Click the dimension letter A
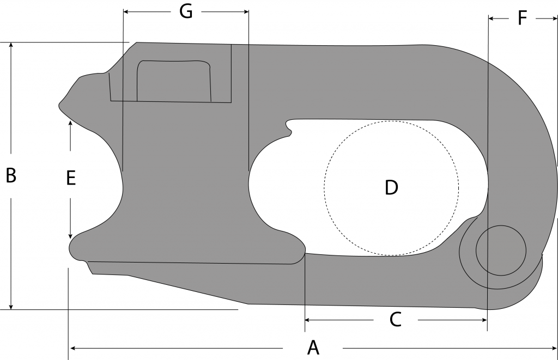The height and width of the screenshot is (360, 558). click(313, 347)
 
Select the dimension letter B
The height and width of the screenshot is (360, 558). click(11, 176)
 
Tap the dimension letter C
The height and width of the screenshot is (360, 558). click(395, 320)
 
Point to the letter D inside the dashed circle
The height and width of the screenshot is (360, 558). click(391, 187)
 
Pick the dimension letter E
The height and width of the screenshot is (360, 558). click(70, 178)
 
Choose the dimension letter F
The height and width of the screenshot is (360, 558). click(522, 19)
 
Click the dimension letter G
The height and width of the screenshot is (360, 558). click(186, 11)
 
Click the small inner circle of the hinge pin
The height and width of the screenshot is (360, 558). click(501, 250)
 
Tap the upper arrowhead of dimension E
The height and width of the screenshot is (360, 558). click(70, 123)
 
